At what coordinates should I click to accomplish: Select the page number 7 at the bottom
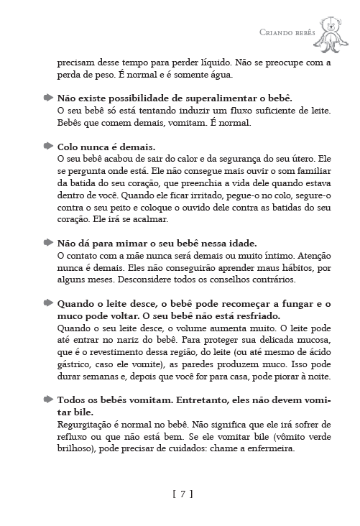183,494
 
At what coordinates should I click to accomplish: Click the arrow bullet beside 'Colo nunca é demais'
48,145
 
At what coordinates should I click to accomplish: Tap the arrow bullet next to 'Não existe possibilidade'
48,97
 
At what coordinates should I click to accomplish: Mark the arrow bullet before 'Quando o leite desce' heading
48,303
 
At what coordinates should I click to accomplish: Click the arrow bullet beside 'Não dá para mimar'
48,242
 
